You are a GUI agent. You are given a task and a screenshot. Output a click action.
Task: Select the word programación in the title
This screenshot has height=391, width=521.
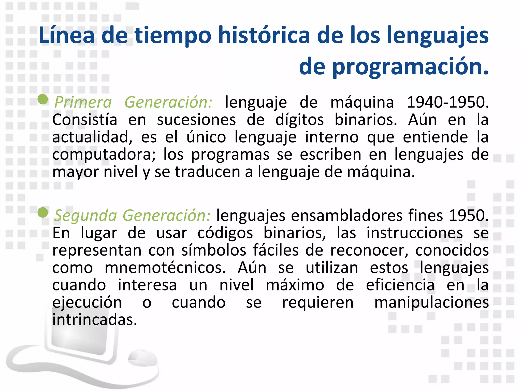410,67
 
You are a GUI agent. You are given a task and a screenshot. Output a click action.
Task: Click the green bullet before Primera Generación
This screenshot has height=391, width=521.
43,99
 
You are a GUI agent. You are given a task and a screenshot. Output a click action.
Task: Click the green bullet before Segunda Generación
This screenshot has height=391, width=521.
43,213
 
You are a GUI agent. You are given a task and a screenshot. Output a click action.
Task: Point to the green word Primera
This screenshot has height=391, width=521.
83,102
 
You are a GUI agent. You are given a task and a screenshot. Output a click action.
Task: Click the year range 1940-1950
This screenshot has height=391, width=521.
447,102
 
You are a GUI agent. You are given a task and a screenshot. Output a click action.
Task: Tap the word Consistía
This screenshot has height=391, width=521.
85,120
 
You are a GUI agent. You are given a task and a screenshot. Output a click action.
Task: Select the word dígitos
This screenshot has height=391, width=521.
299,120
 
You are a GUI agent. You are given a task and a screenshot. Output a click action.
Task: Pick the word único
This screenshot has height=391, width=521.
206,137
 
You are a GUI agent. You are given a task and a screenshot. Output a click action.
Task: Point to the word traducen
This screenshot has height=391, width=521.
207,172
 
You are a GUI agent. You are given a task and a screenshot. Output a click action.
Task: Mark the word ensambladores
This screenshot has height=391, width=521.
347,216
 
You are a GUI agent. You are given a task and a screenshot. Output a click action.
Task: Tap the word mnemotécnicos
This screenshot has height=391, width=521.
165,268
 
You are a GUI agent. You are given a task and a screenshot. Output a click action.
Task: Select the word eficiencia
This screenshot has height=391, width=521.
400,285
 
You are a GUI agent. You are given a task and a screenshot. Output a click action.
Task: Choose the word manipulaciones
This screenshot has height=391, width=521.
431,303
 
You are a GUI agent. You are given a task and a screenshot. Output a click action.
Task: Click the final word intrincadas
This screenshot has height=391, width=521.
95,320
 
